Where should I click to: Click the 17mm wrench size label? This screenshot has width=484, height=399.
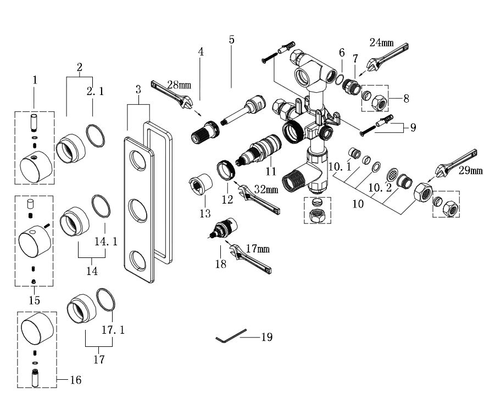[258, 249]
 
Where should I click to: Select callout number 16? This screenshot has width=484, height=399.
[76, 379]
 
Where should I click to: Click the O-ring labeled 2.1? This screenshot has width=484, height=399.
[96, 135]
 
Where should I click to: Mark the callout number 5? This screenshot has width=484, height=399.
[231, 40]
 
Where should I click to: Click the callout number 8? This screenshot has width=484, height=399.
[406, 99]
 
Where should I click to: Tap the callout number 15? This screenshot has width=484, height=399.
[34, 300]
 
